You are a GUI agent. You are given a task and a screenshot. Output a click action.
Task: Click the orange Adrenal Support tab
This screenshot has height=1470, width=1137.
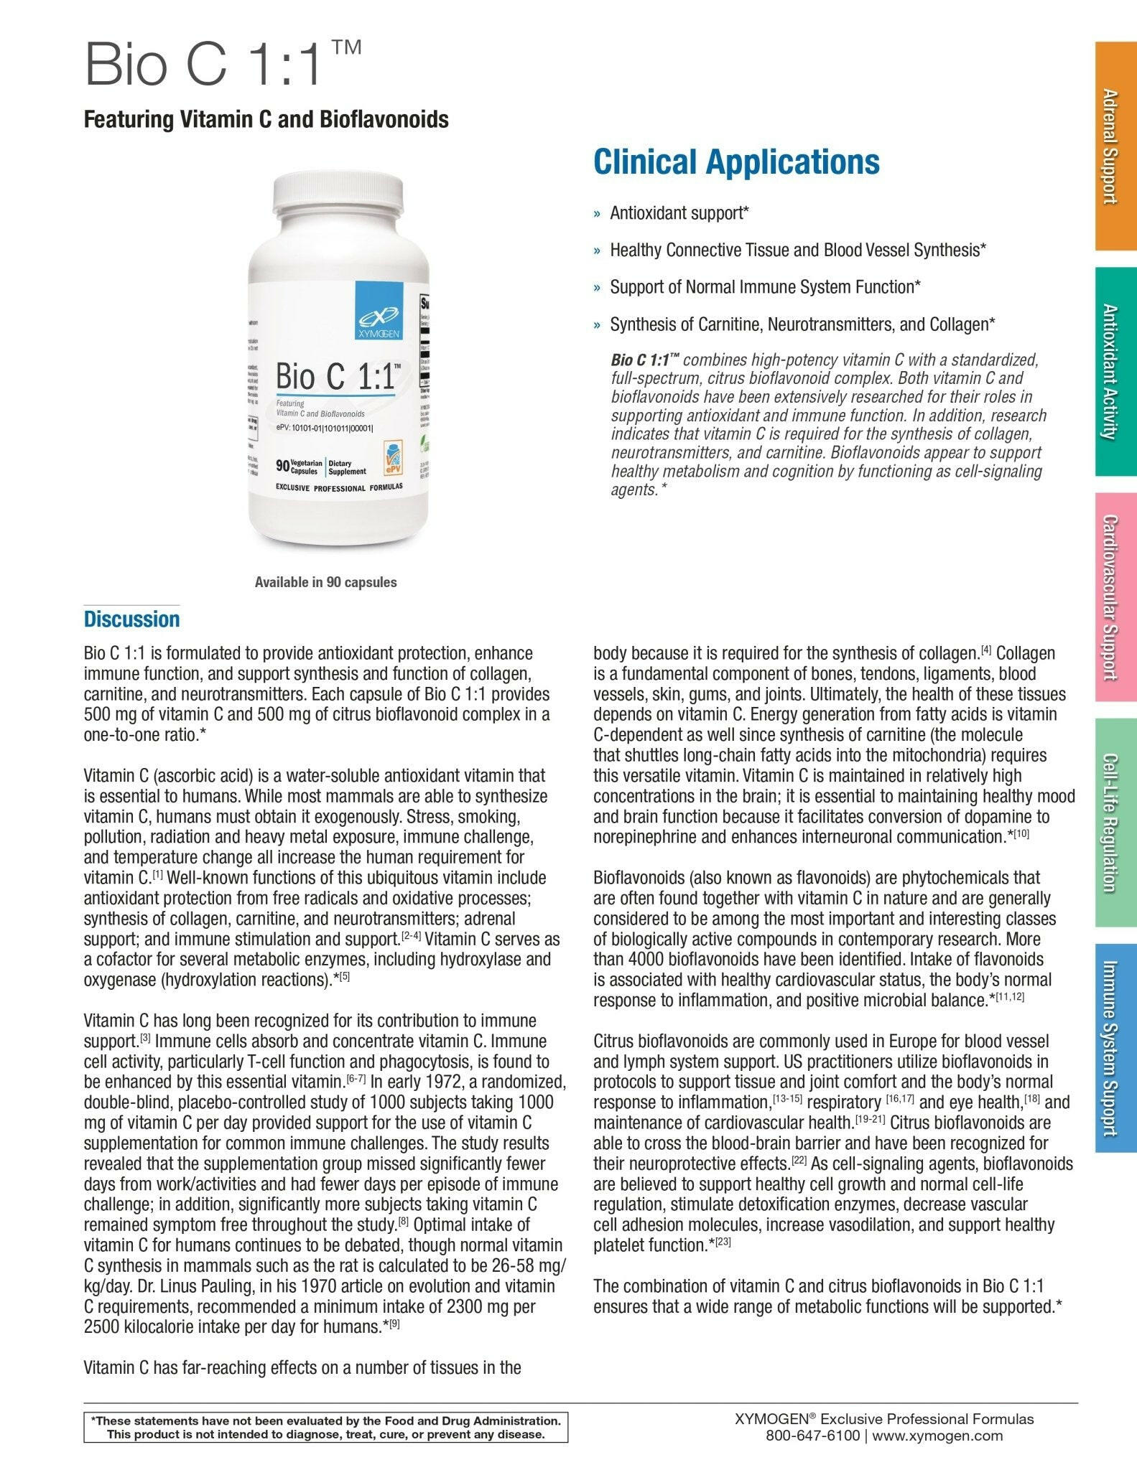pos(1115,146)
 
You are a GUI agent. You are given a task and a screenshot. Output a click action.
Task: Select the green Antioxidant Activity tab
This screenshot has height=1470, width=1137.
pos(1115,372)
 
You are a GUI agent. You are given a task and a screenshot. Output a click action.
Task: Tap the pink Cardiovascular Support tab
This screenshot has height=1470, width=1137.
pos(1115,597)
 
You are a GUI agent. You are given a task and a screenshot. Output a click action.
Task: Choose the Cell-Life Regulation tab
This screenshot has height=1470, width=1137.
pos(1115,822)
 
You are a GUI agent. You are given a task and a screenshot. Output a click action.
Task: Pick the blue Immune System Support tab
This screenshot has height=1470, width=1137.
pos(1115,1048)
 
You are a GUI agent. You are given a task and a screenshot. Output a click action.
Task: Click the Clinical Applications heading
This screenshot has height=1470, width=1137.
pos(736,161)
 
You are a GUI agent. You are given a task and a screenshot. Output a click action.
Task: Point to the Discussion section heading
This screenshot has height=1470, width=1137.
pos(131,619)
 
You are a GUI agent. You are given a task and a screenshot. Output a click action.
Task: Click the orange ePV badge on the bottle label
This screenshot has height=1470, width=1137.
pos(393,457)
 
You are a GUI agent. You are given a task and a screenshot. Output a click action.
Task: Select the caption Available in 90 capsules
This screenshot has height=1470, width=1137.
pos(325,582)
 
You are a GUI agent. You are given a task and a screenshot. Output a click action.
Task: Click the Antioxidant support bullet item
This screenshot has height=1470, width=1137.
pos(679,213)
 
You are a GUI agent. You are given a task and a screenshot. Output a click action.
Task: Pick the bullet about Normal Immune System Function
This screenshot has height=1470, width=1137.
pos(765,287)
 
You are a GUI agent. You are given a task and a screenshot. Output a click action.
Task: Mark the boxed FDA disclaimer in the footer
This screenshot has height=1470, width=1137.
pos(326,1428)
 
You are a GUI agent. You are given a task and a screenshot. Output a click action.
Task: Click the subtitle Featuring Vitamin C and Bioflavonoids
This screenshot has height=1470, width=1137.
pos(266,119)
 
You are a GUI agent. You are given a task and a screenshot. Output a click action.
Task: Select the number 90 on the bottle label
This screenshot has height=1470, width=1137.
pos(283,467)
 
